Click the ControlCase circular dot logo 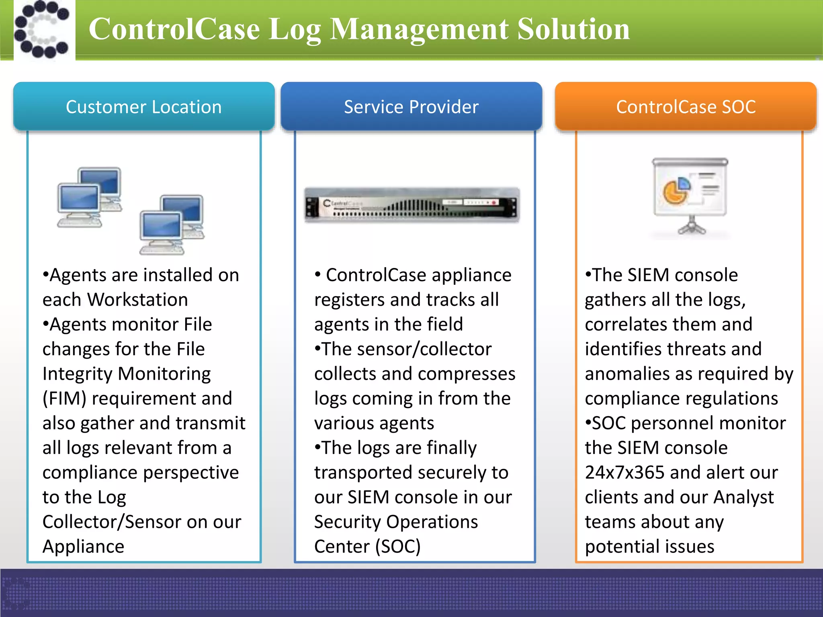coord(42,29)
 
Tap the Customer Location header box coord(144,107)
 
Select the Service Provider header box coord(411,107)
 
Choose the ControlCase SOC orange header coord(686,107)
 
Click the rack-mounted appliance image coord(411,205)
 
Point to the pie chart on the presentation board coord(676,191)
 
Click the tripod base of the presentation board coord(692,227)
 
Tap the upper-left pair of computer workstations coord(89,197)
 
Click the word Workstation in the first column coord(138,300)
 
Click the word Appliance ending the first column coord(84,547)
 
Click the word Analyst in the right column coord(743,497)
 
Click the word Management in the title coord(419,29)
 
